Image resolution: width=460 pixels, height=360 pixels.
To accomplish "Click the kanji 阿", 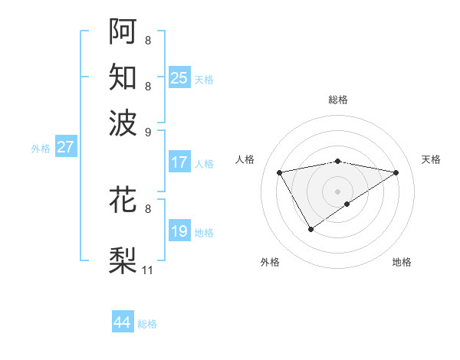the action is click(x=123, y=31).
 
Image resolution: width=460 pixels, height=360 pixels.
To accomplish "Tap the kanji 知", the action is click(x=123, y=77).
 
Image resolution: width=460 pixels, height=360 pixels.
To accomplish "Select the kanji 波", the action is click(x=123, y=122).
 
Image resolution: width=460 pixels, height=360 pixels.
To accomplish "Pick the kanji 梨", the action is click(x=123, y=260).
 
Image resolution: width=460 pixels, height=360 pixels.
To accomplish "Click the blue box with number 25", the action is click(x=179, y=77).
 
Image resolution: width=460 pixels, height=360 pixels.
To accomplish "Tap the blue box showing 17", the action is click(x=179, y=162).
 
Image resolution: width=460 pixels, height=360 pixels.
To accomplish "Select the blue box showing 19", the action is click(x=179, y=231).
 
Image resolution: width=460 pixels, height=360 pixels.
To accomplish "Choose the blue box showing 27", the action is click(x=65, y=147).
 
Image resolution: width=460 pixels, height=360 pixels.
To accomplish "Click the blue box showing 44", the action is click(x=123, y=322).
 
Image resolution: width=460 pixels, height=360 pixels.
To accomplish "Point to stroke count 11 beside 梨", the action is click(x=148, y=270).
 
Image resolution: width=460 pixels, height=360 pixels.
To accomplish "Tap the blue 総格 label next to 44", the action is click(x=147, y=324).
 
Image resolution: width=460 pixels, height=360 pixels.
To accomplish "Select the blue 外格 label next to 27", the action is click(x=41, y=149).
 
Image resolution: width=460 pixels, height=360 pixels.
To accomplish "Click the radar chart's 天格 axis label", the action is click(x=431, y=159).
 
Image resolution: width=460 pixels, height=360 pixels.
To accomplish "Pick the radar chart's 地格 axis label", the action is click(x=402, y=262).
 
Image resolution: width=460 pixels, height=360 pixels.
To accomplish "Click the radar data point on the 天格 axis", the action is click(x=396, y=172).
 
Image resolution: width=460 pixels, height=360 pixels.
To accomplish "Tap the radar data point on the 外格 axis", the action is click(x=310, y=228).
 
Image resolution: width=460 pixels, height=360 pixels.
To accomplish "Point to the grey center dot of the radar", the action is click(x=337, y=191).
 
